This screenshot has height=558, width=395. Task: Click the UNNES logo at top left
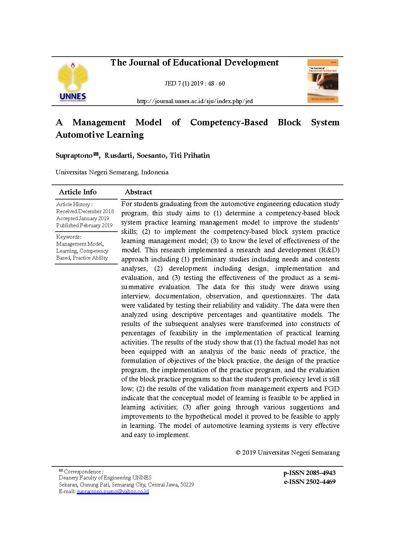(73, 82)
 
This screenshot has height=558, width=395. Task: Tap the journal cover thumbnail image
(322, 81)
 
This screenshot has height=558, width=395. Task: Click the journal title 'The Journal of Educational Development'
(194, 63)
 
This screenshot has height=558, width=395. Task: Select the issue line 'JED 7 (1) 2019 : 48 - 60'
(194, 84)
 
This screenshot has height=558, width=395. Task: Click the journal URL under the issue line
(194, 101)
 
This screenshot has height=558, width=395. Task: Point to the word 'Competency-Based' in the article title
(229, 122)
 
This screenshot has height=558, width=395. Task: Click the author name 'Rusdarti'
(119, 156)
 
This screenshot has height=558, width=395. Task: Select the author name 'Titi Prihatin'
(190, 156)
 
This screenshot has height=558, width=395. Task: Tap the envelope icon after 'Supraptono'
(96, 155)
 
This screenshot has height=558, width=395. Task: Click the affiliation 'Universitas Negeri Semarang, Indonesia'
(112, 172)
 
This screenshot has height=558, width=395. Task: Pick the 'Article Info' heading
(78, 192)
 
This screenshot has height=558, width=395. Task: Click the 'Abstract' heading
(138, 192)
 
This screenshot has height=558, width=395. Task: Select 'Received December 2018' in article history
(85, 211)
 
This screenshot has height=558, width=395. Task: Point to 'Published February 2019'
(84, 225)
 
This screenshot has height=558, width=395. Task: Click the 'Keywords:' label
(68, 237)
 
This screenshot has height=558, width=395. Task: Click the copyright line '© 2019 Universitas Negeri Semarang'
(287, 452)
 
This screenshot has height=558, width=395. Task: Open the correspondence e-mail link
(113, 492)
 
